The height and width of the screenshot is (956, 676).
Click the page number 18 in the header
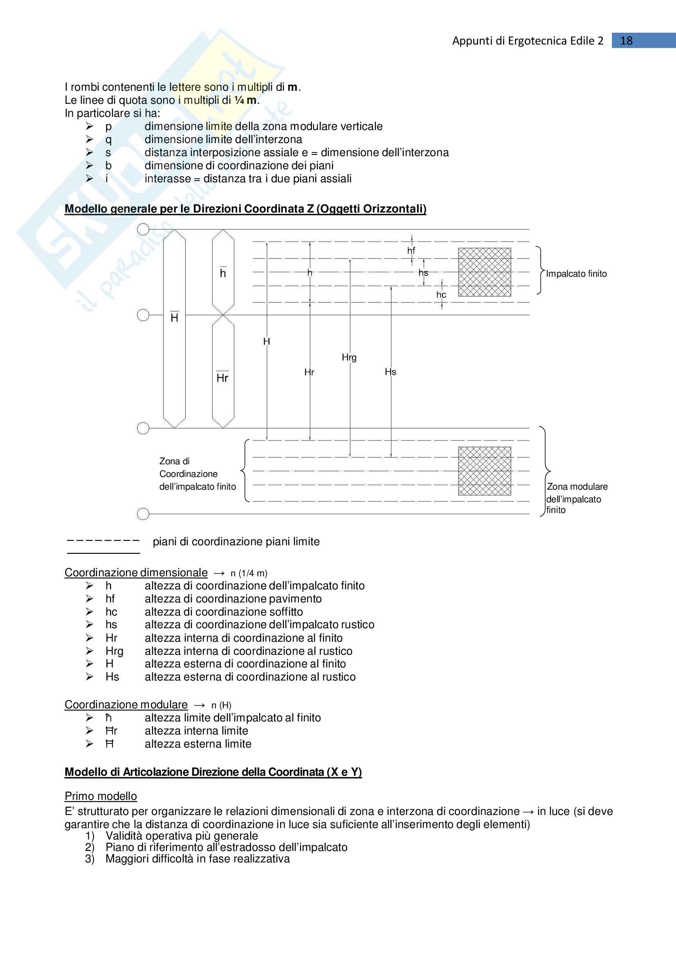(x=626, y=41)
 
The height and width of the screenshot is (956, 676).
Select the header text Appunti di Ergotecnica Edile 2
(x=527, y=41)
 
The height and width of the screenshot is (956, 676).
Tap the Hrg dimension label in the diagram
(x=349, y=357)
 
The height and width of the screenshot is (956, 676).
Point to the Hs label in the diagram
(x=390, y=372)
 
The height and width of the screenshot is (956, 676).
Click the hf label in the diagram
(x=411, y=250)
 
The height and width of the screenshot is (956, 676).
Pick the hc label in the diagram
(x=441, y=295)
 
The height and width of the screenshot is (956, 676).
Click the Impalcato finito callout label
(x=576, y=273)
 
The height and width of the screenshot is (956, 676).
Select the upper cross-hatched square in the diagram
(x=484, y=272)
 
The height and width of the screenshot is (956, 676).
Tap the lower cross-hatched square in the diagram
(x=484, y=471)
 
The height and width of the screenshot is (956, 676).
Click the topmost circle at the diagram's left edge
(x=143, y=229)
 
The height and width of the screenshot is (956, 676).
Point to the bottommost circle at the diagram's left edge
(x=143, y=514)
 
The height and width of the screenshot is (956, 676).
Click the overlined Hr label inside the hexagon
(x=222, y=378)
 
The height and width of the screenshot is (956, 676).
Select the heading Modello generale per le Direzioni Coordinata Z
(x=245, y=208)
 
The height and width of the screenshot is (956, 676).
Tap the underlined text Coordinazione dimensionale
(x=136, y=573)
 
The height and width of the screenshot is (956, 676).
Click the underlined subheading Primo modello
(x=100, y=796)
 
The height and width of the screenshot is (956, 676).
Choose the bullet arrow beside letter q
(x=90, y=139)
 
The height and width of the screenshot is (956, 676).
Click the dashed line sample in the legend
(x=103, y=540)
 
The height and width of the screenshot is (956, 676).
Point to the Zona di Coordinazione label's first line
(x=174, y=461)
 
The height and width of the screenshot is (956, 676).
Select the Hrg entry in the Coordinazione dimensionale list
(x=114, y=651)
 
